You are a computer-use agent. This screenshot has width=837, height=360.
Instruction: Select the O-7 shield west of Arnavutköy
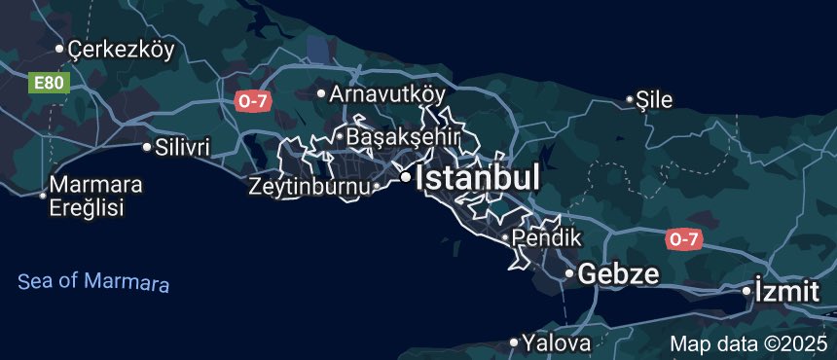(251, 99)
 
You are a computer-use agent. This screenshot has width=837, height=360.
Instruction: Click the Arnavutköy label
(387, 94)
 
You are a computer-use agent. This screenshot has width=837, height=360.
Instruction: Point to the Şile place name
(655, 98)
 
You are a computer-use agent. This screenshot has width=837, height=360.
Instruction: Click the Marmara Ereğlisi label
(95, 196)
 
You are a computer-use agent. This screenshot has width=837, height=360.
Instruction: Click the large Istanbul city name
(477, 178)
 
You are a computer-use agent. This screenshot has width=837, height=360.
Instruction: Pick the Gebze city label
(618, 273)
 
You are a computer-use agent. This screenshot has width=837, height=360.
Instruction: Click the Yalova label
(556, 342)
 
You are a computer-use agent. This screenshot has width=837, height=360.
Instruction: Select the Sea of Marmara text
(93, 282)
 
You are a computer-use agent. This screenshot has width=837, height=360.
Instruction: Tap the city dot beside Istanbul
(404, 177)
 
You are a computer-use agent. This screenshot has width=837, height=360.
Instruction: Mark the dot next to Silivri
(147, 148)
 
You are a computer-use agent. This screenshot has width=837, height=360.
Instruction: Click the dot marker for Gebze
(569, 273)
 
